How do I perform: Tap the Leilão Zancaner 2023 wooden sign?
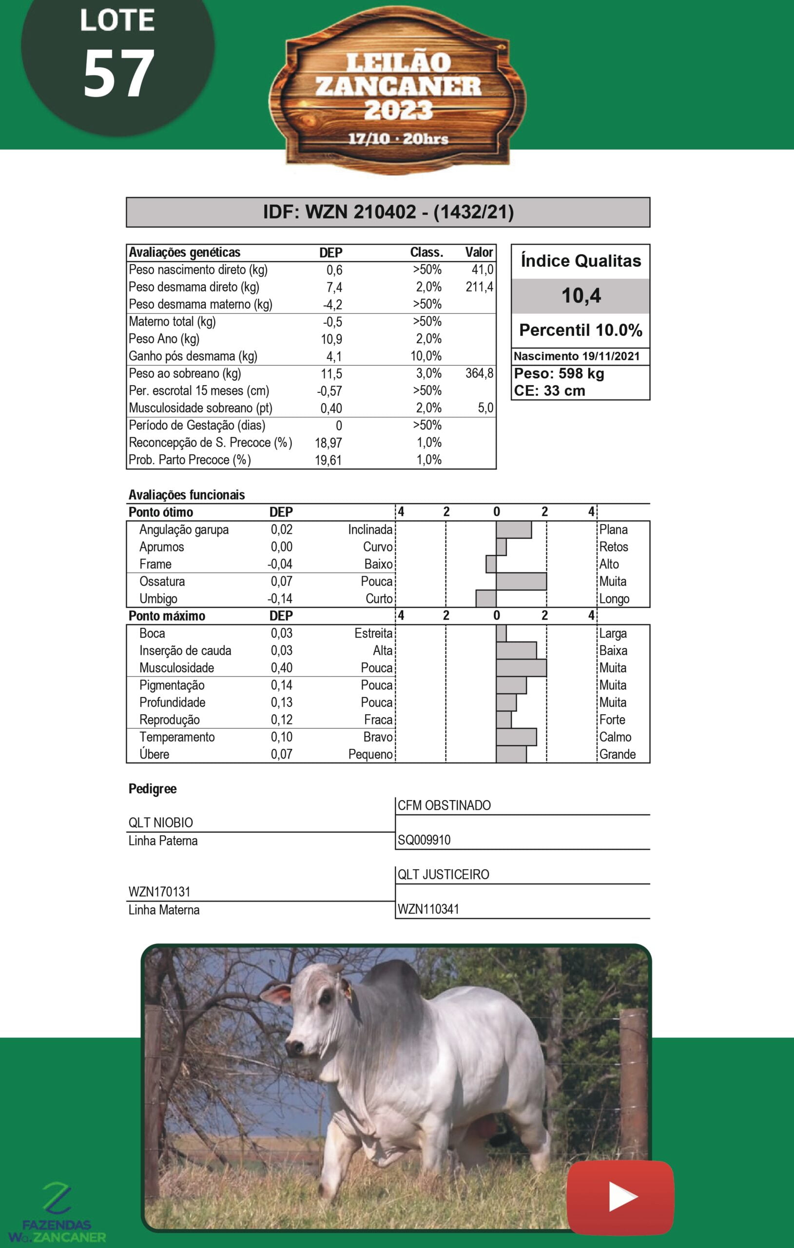click(x=398, y=93)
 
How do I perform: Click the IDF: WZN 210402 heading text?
click(x=388, y=212)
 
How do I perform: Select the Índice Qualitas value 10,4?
click(x=581, y=295)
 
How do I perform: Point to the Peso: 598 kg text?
click(x=559, y=374)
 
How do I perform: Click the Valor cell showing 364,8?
click(x=479, y=373)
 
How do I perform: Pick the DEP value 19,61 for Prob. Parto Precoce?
click(x=328, y=460)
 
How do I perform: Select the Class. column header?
click(x=426, y=253)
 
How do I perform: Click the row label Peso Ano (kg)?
click(x=164, y=339)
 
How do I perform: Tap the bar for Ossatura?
click(x=521, y=582)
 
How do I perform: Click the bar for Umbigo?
click(x=486, y=599)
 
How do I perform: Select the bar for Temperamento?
click(x=516, y=737)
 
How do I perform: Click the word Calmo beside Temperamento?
click(x=615, y=737)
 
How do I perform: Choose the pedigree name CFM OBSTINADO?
click(x=444, y=805)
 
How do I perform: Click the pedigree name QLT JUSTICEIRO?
click(x=443, y=874)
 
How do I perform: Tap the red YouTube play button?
click(x=620, y=1197)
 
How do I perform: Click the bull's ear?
click(x=277, y=994)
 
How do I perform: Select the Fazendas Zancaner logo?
click(x=57, y=1213)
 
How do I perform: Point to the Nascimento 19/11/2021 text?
click(x=576, y=356)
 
